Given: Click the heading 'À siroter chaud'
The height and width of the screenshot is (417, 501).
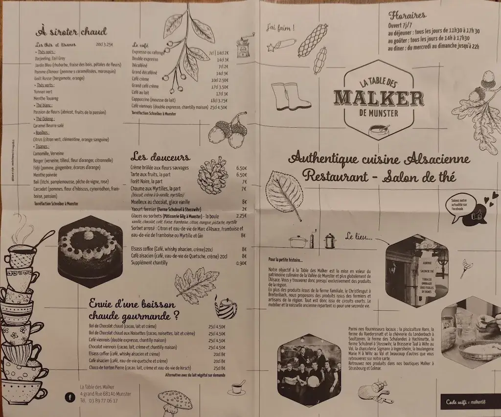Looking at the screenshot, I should click(71, 32).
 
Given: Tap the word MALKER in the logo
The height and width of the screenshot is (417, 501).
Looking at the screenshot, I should click(378, 97).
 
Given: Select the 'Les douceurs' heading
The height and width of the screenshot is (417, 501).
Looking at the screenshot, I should click(160, 157).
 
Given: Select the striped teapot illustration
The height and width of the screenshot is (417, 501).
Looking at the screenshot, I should click(225, 308).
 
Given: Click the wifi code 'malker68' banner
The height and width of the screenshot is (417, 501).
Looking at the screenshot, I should click(470, 402).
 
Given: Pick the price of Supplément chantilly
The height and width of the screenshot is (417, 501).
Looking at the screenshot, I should click(241, 263).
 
